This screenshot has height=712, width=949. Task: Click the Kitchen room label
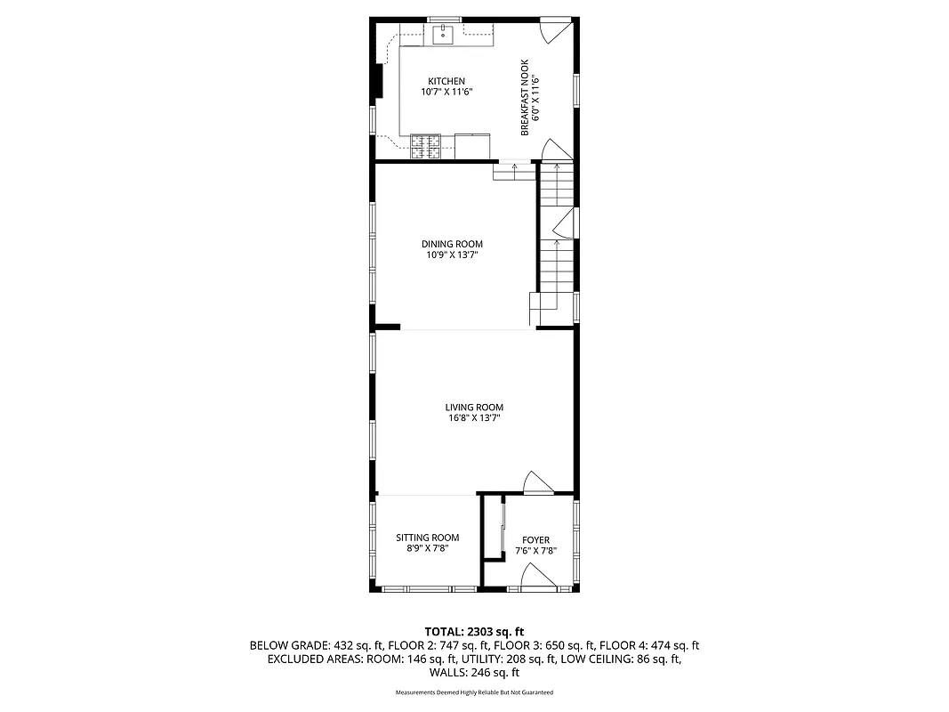pyautogui.click(x=446, y=81)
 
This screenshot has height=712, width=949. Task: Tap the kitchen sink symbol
pyautogui.click(x=443, y=35)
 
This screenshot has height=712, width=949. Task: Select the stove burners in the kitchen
pyautogui.click(x=425, y=145)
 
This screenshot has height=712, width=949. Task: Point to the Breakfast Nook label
pyautogui.click(x=525, y=98)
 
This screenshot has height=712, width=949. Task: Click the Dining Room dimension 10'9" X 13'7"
pyautogui.click(x=452, y=255)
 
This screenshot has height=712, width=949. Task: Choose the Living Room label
pyautogui.click(x=468, y=408)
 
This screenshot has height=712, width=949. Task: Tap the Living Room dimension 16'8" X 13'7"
pyautogui.click(x=468, y=418)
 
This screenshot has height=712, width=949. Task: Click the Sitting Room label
pyautogui.click(x=428, y=538)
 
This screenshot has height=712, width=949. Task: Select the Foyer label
pyautogui.click(x=535, y=540)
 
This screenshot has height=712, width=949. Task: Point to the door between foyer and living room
pyautogui.click(x=536, y=482)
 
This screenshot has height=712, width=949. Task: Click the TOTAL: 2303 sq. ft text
pyautogui.click(x=474, y=631)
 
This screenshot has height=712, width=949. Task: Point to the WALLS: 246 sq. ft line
pyautogui.click(x=474, y=673)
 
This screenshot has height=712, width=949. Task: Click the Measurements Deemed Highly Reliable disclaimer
pyautogui.click(x=474, y=692)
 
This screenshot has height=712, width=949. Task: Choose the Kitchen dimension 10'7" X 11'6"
pyautogui.click(x=446, y=92)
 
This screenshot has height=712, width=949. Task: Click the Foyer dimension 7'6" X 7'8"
pyautogui.click(x=535, y=551)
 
